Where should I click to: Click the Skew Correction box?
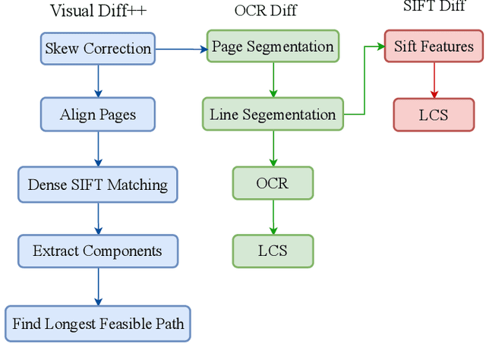(98, 49)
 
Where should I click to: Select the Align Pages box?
(98, 115)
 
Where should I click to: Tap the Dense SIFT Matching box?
(98, 185)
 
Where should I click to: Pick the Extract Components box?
(98, 251)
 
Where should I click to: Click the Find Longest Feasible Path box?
(98, 324)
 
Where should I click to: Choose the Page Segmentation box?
(273, 46)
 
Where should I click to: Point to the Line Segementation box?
(273, 115)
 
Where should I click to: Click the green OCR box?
(273, 184)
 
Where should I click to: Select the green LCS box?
(273, 251)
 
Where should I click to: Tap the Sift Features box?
(434, 46)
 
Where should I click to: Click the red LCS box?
(434, 115)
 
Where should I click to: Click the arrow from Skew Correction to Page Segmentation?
(181, 49)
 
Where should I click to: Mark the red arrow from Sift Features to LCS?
(434, 81)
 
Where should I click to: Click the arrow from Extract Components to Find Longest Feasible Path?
(98, 287)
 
